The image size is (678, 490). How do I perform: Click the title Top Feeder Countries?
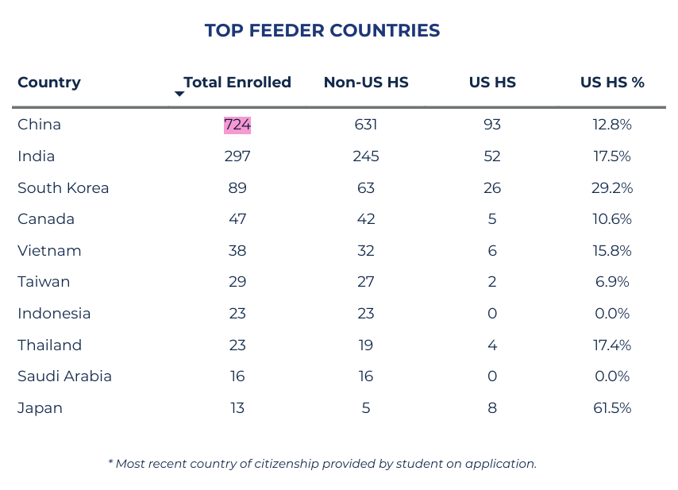(x=322, y=31)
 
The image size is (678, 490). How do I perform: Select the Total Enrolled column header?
(x=237, y=83)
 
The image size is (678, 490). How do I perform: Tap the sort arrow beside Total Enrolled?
(x=179, y=94)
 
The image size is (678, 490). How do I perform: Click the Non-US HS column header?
(x=366, y=83)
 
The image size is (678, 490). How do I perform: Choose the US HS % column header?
(x=612, y=83)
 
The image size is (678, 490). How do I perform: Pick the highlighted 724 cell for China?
(x=237, y=125)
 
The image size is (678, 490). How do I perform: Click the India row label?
(x=37, y=156)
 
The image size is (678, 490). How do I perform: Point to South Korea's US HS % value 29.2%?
(x=613, y=188)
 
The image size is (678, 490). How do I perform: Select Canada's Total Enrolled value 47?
(x=237, y=219)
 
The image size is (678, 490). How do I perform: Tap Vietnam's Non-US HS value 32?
(x=366, y=251)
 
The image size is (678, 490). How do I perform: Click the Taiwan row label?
(x=44, y=282)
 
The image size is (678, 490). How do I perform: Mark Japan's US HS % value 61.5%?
(x=613, y=408)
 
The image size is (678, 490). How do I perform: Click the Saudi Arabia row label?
(x=64, y=376)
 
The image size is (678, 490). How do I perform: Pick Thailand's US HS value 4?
(x=492, y=345)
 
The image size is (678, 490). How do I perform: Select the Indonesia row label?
(x=54, y=314)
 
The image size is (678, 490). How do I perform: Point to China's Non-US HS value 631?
(x=366, y=125)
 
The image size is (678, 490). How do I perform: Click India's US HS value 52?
(x=492, y=156)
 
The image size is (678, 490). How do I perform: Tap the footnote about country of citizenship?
(x=322, y=463)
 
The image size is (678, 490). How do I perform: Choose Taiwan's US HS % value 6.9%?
(x=612, y=282)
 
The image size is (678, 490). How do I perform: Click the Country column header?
(x=49, y=83)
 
